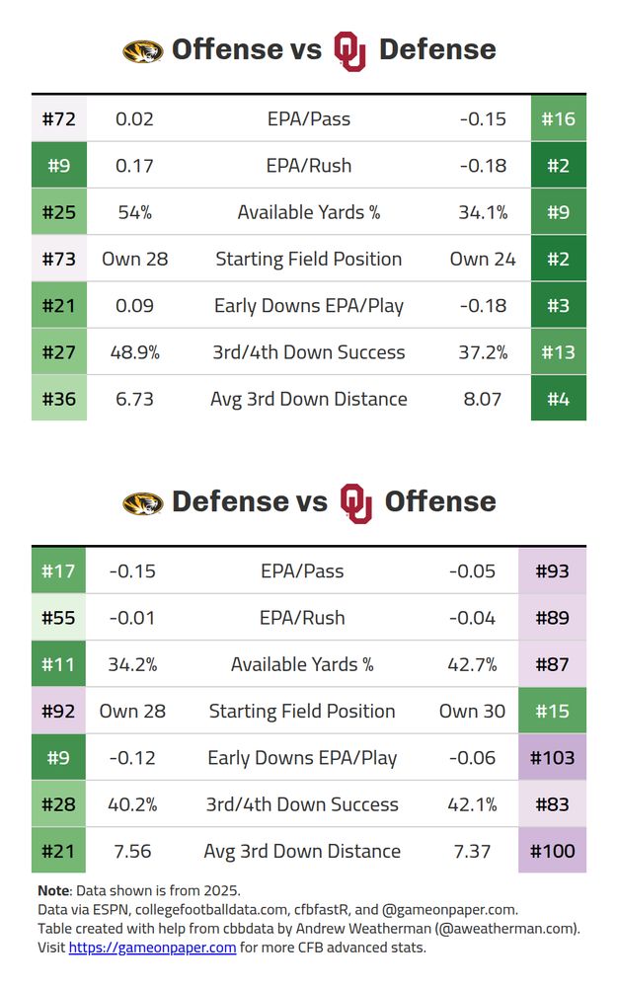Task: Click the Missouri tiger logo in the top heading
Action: point(142,51)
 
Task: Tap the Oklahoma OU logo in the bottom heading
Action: point(355,502)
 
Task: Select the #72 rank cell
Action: point(59,119)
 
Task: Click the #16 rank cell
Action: point(558,119)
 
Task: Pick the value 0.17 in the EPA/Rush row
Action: point(134,166)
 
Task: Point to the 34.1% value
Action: point(483,212)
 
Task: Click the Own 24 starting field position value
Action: point(483,260)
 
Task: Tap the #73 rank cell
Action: point(59,260)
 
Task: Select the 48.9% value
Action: point(134,352)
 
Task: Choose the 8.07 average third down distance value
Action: point(483,400)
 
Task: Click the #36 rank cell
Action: point(59,400)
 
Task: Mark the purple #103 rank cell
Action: point(552,758)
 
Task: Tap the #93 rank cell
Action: point(552,571)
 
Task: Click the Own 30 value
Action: point(472,712)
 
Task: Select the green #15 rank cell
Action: point(552,712)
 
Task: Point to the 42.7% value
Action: point(472,664)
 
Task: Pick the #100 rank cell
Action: point(552,851)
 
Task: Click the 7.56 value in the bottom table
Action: point(132,851)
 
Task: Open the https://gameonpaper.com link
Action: point(152,948)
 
